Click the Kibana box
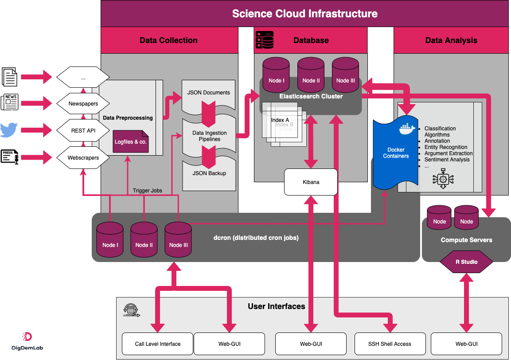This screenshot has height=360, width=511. coord(311,182)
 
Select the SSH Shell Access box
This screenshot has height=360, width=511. coord(390,344)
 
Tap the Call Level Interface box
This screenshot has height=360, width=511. coord(157,344)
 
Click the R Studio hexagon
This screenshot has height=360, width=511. coord(466,262)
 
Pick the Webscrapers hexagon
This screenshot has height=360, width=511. coord(83,158)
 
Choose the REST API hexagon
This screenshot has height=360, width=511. coord(83,131)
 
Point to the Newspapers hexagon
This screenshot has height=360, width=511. coord(83,104)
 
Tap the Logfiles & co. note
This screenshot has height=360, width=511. coord(131,142)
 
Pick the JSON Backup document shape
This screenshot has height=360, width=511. coord(209,173)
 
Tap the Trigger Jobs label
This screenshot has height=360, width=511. coord(148,191)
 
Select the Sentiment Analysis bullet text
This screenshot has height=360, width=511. coord(447,160)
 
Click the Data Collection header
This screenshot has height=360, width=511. coord(168,40)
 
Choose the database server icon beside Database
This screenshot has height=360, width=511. coord(265,40)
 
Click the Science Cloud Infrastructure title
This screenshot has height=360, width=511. coord(305,14)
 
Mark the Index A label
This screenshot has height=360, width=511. coord(280,120)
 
